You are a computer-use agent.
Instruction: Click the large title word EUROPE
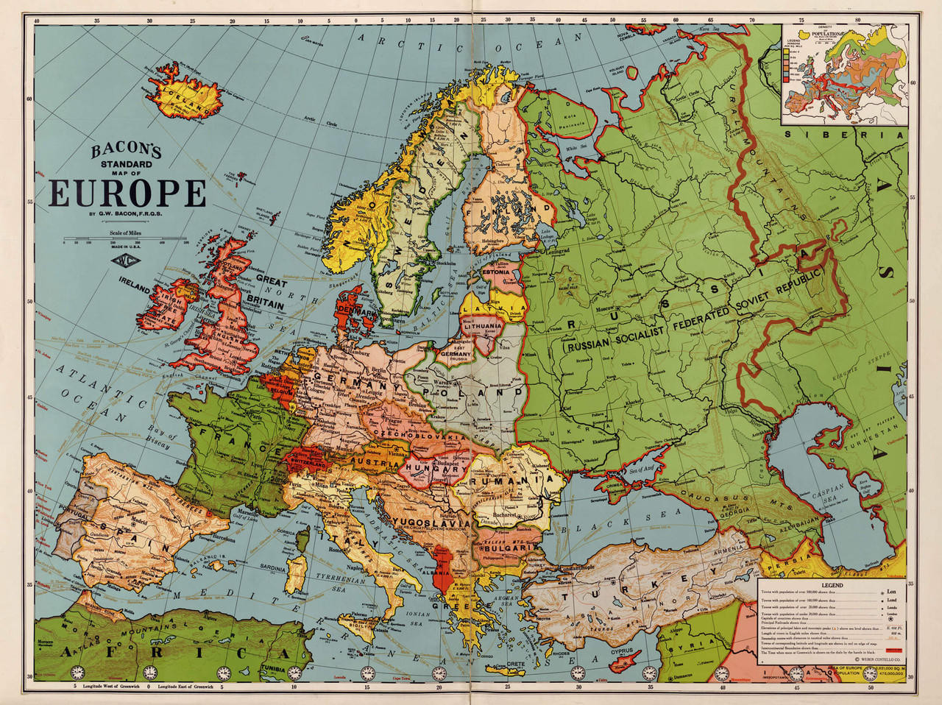127,194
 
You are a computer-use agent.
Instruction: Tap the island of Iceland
184,96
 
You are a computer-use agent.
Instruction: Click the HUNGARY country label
427,467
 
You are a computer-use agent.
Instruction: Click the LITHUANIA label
483,325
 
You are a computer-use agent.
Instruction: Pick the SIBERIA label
843,135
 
